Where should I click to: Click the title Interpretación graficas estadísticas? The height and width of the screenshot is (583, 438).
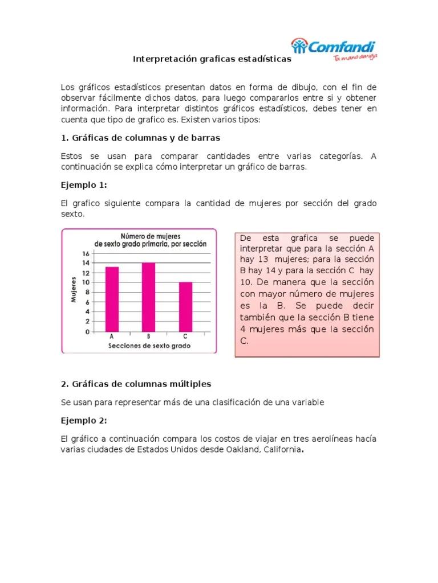(x=212, y=59)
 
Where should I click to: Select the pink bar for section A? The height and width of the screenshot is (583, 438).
(x=112, y=299)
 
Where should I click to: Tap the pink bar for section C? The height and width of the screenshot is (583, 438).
(x=185, y=307)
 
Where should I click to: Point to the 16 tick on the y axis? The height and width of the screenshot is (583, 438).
(x=86, y=253)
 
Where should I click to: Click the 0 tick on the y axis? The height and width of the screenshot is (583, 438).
(x=87, y=331)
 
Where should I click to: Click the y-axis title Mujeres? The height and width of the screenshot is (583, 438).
(x=74, y=290)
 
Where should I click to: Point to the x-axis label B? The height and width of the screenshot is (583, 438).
(x=148, y=337)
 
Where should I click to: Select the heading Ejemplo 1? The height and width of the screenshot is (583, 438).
(x=84, y=185)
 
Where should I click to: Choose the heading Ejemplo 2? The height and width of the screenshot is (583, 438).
(x=84, y=421)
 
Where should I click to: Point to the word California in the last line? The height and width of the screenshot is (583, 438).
(x=281, y=450)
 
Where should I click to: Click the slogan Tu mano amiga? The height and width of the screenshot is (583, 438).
(x=356, y=58)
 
